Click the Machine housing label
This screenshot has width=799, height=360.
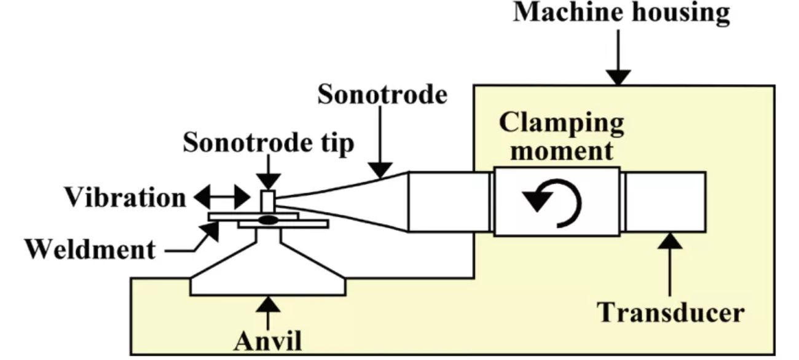[x=621, y=14]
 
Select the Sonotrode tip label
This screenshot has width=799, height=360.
[x=269, y=144]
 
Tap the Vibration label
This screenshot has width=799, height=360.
[x=125, y=198]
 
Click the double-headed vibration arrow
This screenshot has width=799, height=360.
[x=222, y=198]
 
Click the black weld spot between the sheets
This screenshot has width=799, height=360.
[x=267, y=219]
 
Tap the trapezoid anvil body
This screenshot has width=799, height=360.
[x=268, y=270]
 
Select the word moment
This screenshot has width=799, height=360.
[x=561, y=150]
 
